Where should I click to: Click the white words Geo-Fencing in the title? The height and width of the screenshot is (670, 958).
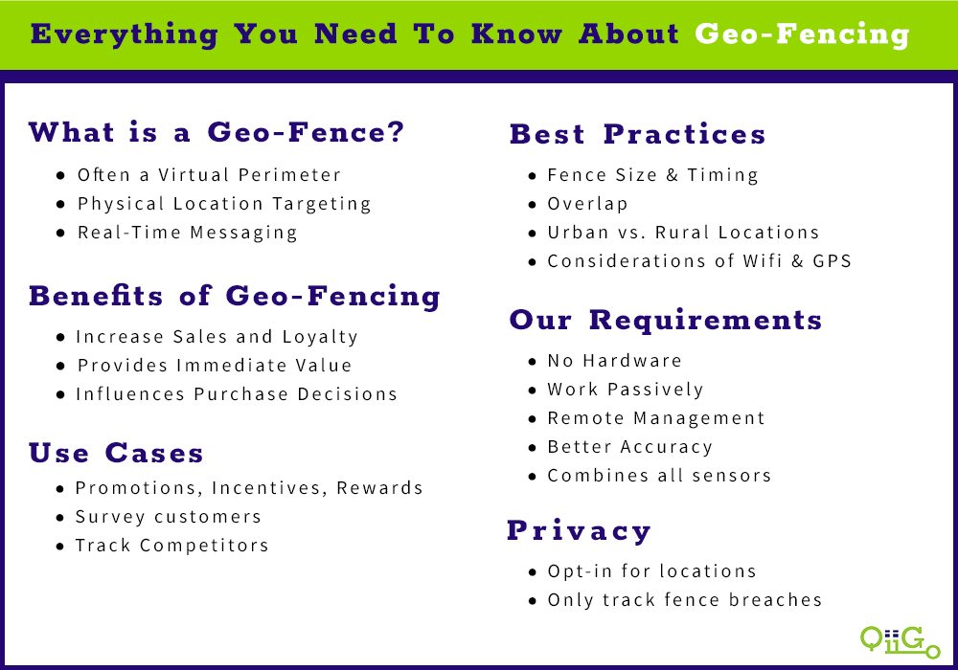tap(802, 34)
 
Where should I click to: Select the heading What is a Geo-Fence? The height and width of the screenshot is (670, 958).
tap(217, 132)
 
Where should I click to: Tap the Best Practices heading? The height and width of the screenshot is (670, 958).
tap(637, 134)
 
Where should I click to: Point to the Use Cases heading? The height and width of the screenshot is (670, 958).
tap(116, 453)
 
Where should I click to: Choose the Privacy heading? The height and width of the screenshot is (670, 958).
tap(580, 531)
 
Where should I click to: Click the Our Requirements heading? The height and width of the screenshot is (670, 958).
tap(666, 321)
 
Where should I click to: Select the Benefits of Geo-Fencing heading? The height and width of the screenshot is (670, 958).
tap(235, 297)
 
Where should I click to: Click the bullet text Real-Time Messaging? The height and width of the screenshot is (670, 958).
tap(187, 233)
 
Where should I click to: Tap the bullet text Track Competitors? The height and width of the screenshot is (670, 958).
tap(171, 546)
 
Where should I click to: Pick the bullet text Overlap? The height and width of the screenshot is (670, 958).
tap(587, 204)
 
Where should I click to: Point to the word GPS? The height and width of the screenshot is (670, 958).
tap(832, 261)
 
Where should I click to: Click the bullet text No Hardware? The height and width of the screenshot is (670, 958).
tap(614, 361)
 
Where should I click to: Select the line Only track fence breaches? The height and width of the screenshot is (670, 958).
tap(684, 600)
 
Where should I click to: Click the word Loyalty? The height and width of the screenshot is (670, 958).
tap(320, 337)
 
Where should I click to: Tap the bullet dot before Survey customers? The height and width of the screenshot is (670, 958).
tap(59, 518)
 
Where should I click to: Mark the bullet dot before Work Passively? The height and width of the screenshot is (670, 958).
tap(532, 390)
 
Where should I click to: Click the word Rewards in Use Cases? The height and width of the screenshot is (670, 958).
tap(379, 488)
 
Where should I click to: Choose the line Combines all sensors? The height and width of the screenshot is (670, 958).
tap(659, 476)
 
